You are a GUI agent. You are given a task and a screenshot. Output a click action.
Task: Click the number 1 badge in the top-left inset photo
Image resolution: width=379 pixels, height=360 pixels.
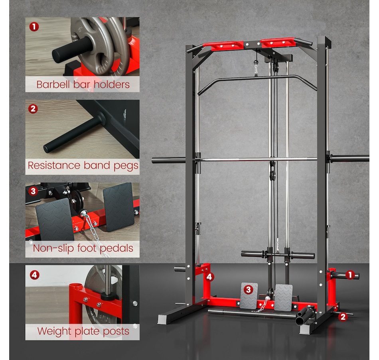tap(34, 27)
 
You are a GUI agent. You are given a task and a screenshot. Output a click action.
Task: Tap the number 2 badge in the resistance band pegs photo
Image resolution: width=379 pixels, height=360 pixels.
tap(33, 109)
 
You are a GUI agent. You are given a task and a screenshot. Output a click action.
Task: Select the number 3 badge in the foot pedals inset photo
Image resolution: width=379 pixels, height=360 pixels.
tap(33, 191)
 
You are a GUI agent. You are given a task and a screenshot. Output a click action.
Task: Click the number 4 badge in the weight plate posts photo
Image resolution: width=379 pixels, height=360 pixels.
tap(35, 275)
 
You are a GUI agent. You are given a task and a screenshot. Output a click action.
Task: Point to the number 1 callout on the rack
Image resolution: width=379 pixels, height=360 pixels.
tap(350, 275)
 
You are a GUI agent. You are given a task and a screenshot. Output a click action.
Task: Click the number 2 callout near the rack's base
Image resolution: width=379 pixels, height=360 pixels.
tap(343, 317)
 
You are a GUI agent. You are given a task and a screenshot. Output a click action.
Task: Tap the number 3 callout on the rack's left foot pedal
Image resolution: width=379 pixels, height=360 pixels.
tap(249, 289)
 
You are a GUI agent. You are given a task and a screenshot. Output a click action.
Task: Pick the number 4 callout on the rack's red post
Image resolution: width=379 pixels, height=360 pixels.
tap(209, 277)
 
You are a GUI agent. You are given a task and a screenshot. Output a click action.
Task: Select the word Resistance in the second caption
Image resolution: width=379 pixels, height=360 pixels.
tap(54, 165)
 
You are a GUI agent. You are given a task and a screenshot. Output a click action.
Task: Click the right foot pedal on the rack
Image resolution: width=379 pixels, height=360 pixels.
tap(283, 297)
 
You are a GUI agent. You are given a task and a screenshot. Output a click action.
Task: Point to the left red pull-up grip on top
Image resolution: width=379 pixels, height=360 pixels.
tap(223, 46)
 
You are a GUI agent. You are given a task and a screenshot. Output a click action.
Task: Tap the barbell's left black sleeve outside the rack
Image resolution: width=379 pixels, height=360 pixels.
tap(168, 160)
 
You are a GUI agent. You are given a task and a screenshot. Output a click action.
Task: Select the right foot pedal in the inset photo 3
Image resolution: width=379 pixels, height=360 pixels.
tap(118, 207)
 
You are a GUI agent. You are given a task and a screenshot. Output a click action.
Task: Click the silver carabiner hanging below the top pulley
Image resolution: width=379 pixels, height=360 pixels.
tap(256, 70)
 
